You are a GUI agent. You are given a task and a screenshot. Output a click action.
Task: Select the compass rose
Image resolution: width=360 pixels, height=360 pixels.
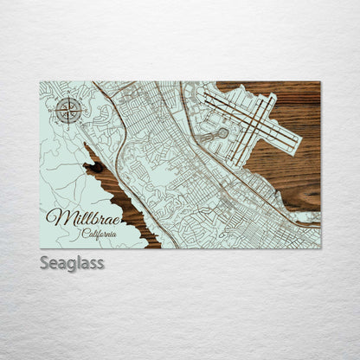(69, 109)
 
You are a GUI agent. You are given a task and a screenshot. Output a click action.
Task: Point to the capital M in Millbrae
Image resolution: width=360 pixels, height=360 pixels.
(54, 218)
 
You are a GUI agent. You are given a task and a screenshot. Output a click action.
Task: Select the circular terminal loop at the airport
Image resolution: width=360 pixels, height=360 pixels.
(222, 133)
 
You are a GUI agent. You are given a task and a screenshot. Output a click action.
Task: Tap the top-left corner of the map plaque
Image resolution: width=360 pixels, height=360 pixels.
(41, 82)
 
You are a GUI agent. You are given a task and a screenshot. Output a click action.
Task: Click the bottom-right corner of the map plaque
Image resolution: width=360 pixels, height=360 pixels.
(319, 248)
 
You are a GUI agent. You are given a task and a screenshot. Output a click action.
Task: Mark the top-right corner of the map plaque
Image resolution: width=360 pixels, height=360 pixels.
(319, 82)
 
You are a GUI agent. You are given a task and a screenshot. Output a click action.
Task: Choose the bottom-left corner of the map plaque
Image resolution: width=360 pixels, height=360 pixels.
(41, 248)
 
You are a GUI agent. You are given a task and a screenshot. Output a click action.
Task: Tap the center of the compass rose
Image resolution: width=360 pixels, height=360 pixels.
(69, 109)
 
